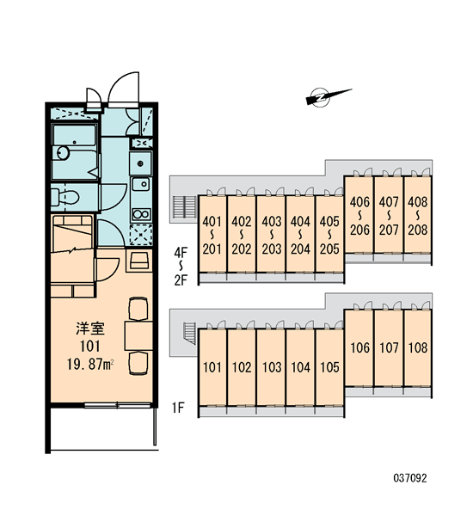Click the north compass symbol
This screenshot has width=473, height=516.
[x=327, y=97]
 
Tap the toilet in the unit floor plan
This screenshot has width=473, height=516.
[x=65, y=197]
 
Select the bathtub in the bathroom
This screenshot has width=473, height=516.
[x=74, y=135]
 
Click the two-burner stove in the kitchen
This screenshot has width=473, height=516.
[x=141, y=214]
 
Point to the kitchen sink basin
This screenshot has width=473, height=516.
[x=141, y=184]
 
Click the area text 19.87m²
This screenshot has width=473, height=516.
[x=90, y=365]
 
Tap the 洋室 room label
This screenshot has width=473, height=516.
[x=89, y=329]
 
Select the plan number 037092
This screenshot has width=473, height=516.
[x=410, y=478]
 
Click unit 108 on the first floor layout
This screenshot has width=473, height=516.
[x=418, y=347]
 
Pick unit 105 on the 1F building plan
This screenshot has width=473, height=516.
[x=329, y=367]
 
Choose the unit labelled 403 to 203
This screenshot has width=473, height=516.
[x=271, y=234]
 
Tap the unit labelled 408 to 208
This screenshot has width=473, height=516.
[x=418, y=215]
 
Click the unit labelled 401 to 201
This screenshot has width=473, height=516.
[x=212, y=234]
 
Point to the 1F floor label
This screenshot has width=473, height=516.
[x=178, y=408]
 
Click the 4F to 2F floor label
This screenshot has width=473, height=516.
[x=181, y=267]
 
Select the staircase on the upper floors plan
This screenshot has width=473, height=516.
[x=184, y=206]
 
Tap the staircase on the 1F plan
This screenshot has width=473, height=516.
[x=190, y=334]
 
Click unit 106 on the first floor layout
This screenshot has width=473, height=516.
[x=359, y=347]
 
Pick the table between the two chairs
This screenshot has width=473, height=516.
[x=138, y=336]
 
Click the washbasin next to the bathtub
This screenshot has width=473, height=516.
[x=63, y=153]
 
